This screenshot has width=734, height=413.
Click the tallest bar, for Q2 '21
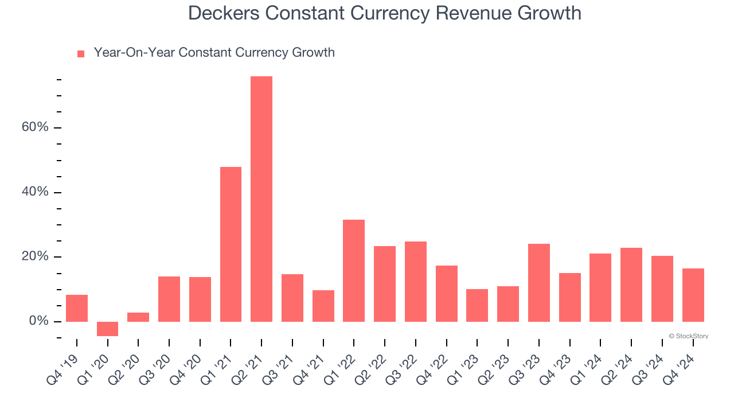tap(261, 198)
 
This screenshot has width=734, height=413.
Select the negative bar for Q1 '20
tap(107, 329)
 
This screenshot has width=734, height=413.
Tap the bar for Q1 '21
tap(231, 244)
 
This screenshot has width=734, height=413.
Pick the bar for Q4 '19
tap(77, 308)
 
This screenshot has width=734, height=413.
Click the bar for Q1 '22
tap(354, 270)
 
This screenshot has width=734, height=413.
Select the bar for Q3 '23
tap(539, 282)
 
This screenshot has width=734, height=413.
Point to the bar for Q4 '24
tap(693, 295)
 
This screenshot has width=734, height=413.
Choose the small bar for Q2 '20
tap(138, 317)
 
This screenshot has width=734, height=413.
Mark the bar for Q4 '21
tap(323, 306)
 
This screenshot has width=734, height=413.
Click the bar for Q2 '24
tap(631, 285)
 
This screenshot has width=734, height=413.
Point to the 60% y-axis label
tap(35, 127)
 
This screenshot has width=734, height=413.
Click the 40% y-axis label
tap(35, 192)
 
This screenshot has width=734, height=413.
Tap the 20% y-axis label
tap(35, 256)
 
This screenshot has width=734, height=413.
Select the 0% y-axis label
tap(38, 321)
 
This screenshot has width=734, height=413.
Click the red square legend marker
tap(81, 54)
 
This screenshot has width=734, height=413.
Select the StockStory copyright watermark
tap(688, 336)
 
